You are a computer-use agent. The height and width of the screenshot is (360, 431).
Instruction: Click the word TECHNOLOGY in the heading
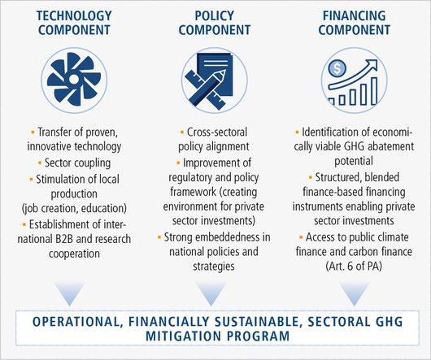coord(74,15)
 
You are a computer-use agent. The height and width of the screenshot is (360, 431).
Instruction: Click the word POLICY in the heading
coord(215,15)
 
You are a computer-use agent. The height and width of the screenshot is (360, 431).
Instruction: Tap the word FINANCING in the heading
coord(354,15)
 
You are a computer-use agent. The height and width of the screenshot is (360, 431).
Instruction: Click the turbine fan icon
coord(74,80)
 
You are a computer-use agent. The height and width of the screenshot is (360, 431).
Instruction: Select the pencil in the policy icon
coord(208,87)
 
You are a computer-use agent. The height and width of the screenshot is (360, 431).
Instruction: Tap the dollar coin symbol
coord(337,68)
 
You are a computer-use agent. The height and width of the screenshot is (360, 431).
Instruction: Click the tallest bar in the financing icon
coord(374,91)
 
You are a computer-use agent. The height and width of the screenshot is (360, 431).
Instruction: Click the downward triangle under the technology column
coord(69,293)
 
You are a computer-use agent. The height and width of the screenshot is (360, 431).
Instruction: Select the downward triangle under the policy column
coord(211,293)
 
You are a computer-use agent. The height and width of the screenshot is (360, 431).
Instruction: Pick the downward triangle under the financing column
coord(354,293)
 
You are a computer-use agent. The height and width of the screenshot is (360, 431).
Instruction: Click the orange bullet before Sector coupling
coord(40,163)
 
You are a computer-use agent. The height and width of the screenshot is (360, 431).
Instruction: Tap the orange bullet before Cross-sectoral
coord(182,132)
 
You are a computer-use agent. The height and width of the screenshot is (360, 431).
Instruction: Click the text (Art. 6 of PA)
coord(354,266)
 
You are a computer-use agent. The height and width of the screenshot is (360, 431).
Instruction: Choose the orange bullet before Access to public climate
coord(301,236)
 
